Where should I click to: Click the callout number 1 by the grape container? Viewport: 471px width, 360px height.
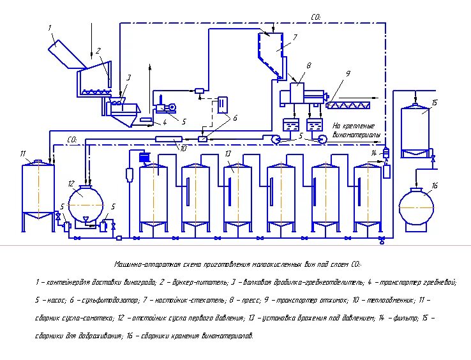(x=49, y=28)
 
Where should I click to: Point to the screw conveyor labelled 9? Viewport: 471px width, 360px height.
(x=352, y=100)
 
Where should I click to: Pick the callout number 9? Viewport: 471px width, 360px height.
(x=348, y=74)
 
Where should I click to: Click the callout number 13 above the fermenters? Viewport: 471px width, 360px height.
(x=228, y=154)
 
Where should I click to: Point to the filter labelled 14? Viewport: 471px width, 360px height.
(x=385, y=153)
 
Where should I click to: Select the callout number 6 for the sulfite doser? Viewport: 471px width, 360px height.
(x=234, y=118)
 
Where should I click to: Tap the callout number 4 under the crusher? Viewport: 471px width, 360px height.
(x=164, y=123)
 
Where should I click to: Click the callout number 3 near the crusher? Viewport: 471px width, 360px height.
(x=128, y=78)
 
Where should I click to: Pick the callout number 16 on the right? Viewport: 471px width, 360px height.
(x=435, y=186)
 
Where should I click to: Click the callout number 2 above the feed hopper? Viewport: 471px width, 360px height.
(x=98, y=50)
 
